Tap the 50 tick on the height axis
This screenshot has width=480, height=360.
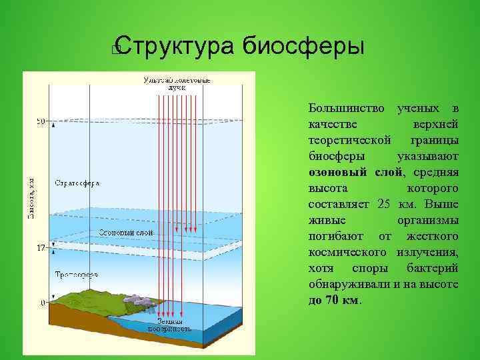point(41,122)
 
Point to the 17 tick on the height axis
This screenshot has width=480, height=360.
point(41,247)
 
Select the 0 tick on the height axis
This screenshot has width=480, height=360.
point(43,303)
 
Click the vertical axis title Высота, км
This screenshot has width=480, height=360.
point(31,198)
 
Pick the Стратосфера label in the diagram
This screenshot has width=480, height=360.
point(77,183)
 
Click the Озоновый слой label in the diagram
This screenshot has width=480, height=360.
point(126,233)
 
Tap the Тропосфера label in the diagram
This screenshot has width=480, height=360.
point(77,274)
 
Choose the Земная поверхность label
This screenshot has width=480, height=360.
point(174,325)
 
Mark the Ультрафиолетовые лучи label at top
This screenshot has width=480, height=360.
point(177,83)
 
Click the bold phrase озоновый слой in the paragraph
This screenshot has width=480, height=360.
point(355,172)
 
